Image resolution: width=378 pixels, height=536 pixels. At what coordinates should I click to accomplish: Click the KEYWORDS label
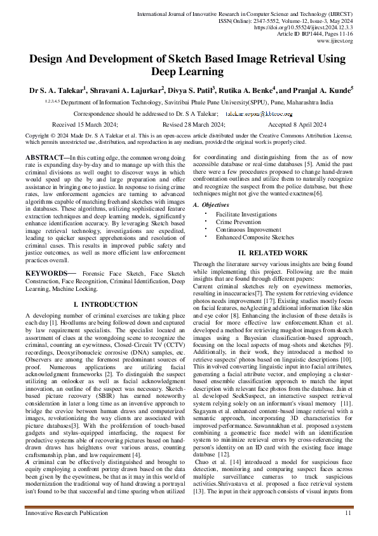(x=45, y=273)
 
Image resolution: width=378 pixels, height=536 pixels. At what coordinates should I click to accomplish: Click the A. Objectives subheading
(x=216, y=205)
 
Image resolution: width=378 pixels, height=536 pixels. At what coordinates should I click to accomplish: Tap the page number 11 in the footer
(x=348, y=513)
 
